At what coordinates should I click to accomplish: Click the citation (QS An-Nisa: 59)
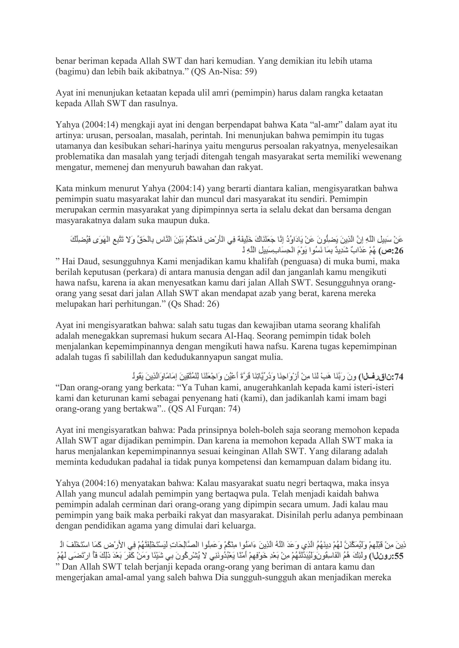[224, 72]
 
